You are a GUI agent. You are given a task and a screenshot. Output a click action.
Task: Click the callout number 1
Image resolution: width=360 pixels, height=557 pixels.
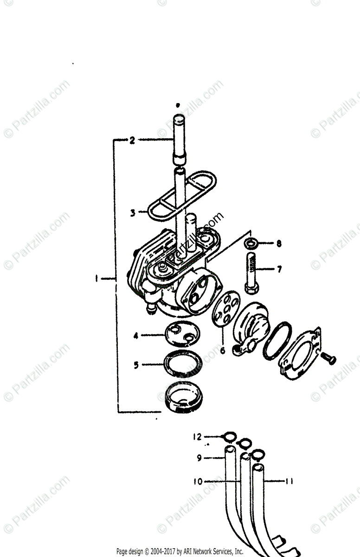coord(96,278)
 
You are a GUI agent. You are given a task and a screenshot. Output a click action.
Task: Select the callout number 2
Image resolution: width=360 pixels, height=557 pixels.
coord(132,140)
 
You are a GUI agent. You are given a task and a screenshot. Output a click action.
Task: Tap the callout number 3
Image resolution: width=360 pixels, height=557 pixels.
coord(133,213)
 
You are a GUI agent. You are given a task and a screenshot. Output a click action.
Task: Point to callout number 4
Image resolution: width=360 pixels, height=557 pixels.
coord(136,335)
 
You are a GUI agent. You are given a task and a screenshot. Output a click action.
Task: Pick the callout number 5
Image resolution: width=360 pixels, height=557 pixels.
coord(136,365)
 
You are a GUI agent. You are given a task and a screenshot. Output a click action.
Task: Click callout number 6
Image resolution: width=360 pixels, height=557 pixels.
coord(222,350)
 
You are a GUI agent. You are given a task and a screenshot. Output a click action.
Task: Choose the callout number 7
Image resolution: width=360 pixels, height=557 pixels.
coord(279,269)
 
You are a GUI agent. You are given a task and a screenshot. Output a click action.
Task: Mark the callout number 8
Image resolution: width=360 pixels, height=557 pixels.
coord(279,243)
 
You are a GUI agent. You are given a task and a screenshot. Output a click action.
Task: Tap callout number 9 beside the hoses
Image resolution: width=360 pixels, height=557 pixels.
coord(199,458)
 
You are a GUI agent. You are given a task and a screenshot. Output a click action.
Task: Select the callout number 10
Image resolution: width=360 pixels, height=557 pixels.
coord(198,482)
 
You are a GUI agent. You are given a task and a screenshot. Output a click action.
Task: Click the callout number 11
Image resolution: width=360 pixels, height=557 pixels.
coord(288,481)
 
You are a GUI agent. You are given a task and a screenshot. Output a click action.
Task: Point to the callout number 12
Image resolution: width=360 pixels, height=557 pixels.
coord(198,436)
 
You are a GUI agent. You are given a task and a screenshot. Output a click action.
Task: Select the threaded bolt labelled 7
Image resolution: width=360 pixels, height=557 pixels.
coord(250,274)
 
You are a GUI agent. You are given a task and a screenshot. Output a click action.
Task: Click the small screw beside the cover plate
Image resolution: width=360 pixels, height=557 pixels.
coord(329,358)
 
